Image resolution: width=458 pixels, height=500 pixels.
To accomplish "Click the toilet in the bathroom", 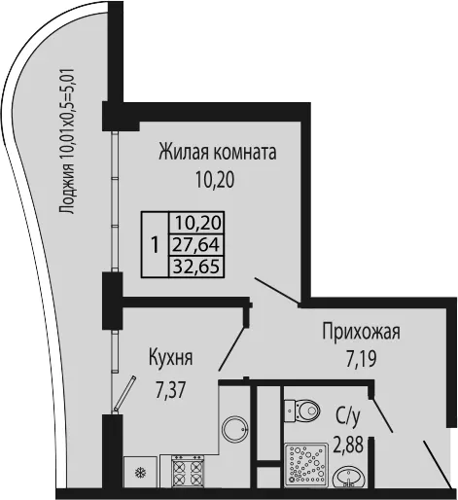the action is coord(302,411).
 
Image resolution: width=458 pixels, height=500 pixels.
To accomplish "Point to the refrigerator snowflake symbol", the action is coord(141,472).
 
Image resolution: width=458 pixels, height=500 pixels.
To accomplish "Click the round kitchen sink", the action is coord(235,429).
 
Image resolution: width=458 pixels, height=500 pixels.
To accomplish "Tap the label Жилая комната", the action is coord(218,153).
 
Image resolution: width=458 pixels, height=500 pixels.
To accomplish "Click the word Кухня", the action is coord(171,358).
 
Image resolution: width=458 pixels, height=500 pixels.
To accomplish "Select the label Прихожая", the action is coord(361,332).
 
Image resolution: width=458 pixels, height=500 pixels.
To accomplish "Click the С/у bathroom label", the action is coord(348,418).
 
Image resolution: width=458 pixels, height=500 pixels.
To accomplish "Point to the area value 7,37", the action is coord(170,390).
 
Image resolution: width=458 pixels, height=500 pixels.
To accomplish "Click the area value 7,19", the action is coord(361,359).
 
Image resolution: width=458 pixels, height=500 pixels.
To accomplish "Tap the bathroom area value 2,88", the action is coord(348,445).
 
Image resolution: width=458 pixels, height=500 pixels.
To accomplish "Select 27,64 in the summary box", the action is coord(196,244).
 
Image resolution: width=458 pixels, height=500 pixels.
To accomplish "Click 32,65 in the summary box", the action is coord(197,267).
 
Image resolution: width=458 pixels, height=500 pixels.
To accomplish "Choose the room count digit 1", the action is coord(156,245).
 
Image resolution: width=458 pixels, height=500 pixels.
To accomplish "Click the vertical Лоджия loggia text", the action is coord(68,141).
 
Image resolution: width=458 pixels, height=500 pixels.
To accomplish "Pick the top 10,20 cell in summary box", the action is coord(198,223).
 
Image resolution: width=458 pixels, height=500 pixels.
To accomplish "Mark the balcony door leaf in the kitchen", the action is coord(124,394).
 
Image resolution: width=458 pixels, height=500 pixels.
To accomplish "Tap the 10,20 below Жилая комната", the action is coord(215,180).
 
